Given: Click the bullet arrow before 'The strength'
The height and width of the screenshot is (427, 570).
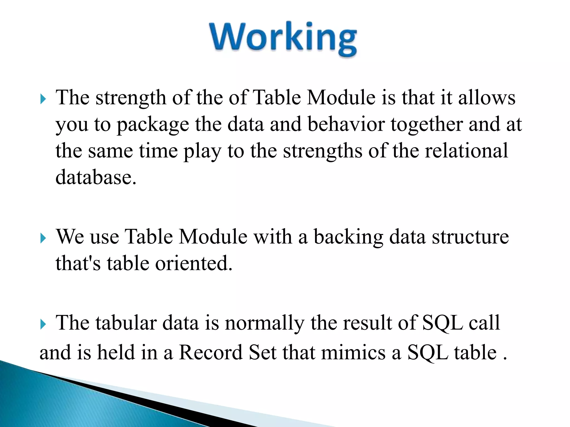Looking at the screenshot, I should tap(43, 99).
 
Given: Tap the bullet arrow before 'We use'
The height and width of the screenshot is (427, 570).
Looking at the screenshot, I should tap(43, 238).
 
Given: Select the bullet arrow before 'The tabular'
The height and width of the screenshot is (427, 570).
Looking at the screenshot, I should tap(43, 324).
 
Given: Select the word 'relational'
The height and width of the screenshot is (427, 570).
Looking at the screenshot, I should tap(466, 151).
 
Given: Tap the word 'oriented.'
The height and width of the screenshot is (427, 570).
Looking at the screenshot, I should tap(193, 264).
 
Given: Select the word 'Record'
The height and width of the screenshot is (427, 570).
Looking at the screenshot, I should tap(210, 353).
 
